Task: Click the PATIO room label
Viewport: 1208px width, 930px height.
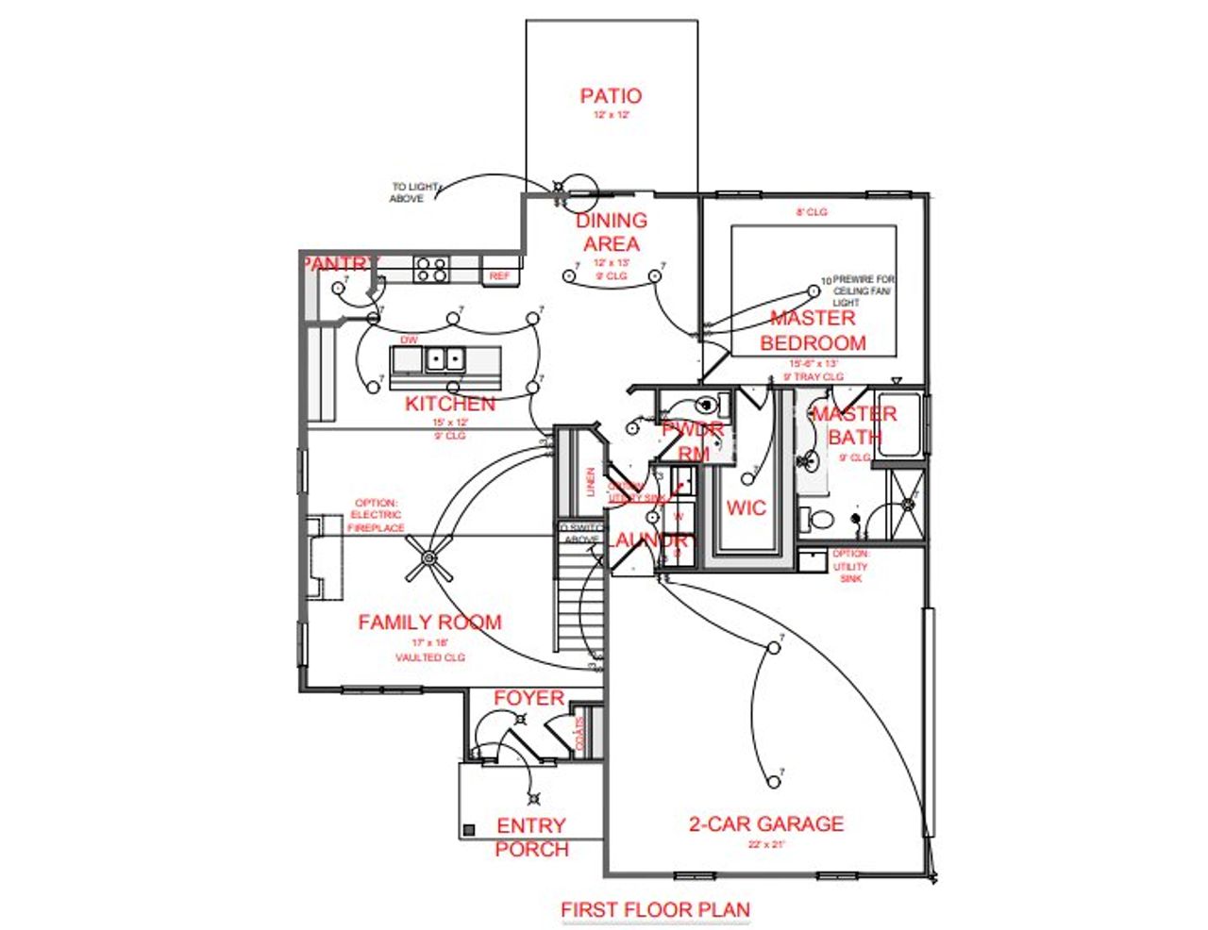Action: coord(611,95)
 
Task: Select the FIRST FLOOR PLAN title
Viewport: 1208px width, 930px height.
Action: coord(656,910)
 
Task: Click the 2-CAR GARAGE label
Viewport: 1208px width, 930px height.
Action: coord(766,823)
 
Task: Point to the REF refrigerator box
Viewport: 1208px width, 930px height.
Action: coord(499,275)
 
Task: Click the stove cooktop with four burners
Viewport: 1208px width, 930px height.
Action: coord(432,270)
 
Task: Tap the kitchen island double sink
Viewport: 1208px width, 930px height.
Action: coord(444,359)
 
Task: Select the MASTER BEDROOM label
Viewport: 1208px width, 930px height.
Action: coord(813,330)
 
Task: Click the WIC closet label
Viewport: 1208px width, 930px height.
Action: coord(746,507)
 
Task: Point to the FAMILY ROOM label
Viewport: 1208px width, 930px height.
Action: coord(429,623)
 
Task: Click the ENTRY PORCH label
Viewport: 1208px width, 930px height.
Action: coord(531,838)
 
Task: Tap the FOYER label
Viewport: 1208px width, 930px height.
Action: coord(528,699)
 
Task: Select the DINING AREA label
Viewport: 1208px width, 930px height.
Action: coord(612,232)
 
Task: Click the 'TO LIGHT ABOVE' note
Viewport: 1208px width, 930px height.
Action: coord(413,192)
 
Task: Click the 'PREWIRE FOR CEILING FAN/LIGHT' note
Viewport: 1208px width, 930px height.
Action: coord(862,291)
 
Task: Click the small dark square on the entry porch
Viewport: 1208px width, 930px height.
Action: coord(468,830)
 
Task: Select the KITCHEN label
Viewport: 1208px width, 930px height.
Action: coord(450,404)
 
